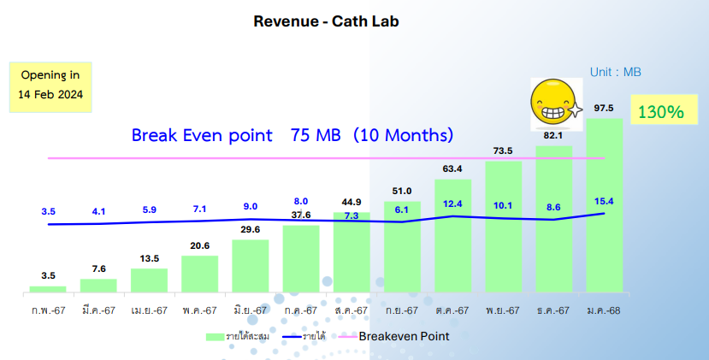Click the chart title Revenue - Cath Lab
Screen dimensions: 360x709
tap(326, 21)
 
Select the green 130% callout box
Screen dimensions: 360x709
tap(659, 111)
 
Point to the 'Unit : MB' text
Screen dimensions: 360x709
tap(616, 73)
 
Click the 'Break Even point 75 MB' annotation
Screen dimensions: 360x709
tap(292, 135)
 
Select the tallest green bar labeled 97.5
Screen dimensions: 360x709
tap(604, 205)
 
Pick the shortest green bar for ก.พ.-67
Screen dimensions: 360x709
tap(48, 290)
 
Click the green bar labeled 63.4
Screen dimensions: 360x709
tap(452, 236)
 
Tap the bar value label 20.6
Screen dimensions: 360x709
tap(199, 246)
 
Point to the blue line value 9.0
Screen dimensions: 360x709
tap(251, 206)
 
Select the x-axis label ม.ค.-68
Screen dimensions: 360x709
tap(604, 310)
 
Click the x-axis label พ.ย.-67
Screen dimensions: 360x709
tap(503, 310)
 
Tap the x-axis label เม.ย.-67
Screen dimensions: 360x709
tap(149, 310)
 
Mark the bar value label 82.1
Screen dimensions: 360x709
tap(553, 136)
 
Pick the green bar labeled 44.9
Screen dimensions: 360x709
tap(352, 253)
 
